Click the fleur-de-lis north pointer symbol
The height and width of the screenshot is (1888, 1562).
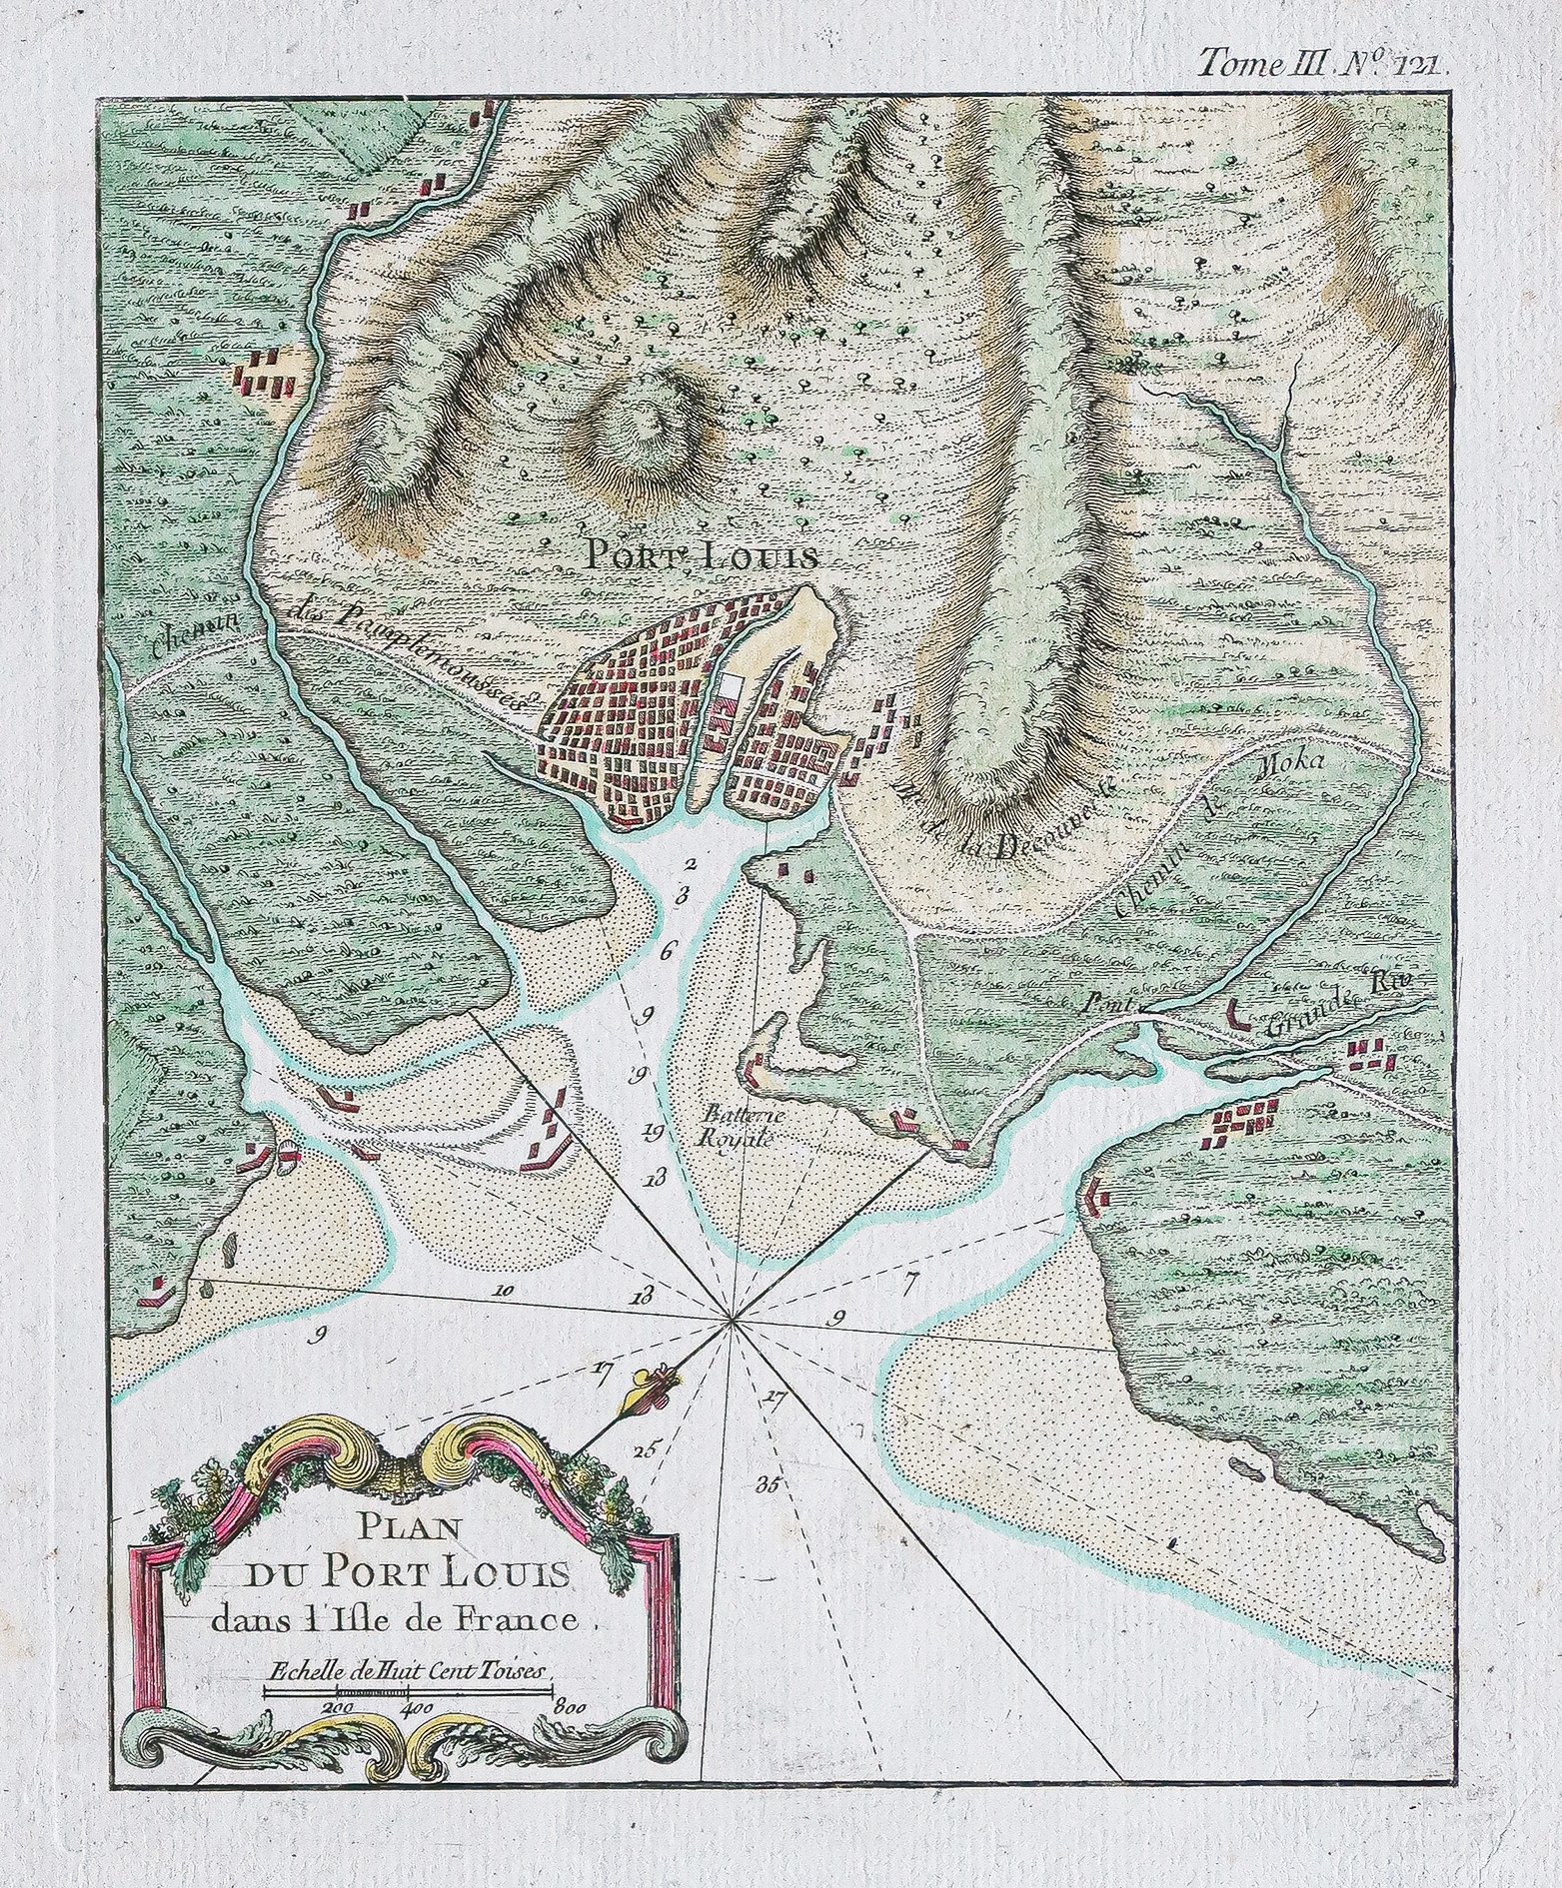[648, 1388]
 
